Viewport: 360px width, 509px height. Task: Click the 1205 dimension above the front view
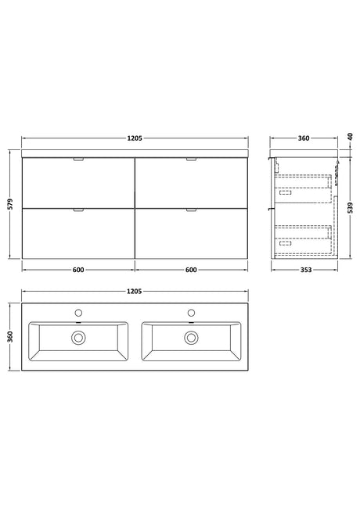135,138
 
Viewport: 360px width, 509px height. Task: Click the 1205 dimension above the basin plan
135,292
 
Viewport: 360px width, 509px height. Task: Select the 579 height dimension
10,204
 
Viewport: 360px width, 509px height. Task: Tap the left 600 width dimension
78,270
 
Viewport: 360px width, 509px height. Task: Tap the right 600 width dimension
192,270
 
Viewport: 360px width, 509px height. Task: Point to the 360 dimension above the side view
304,138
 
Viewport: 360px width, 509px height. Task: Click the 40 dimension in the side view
350,136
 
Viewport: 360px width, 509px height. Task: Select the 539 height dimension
350,208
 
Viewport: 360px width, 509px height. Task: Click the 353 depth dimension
306,270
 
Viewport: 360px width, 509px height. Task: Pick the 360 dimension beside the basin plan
10,337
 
